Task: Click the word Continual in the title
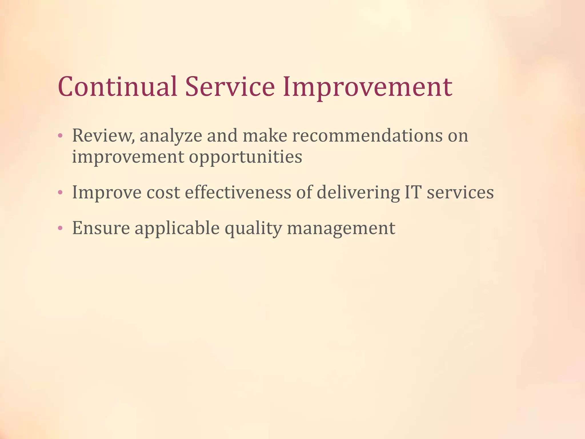pyautogui.click(x=117, y=87)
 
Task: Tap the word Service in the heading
pyautogui.click(x=230, y=87)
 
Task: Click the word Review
pyautogui.click(x=103, y=135)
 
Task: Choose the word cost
pyautogui.click(x=163, y=193)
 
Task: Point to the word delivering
pyautogui.click(x=358, y=193)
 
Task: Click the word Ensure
pyautogui.click(x=101, y=228)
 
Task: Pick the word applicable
pyautogui.click(x=177, y=229)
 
